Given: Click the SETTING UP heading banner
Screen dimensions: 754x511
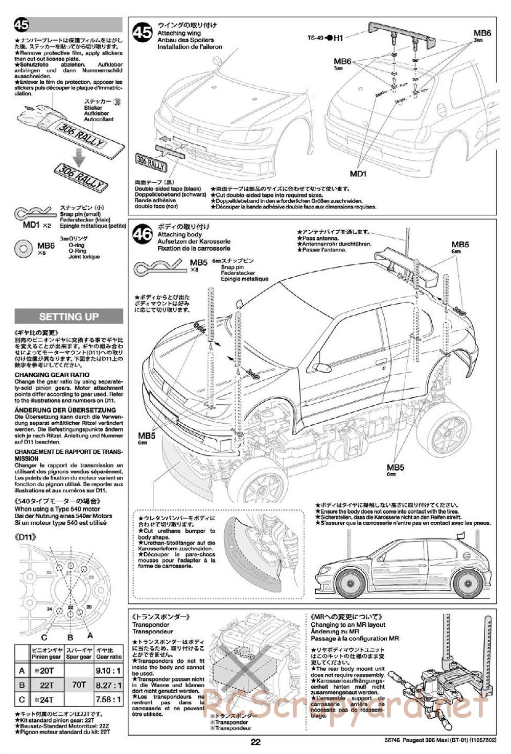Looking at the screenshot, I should click(68, 317).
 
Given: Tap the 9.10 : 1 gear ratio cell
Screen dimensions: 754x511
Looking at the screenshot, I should click(108, 670).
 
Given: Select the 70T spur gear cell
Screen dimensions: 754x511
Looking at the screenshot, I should click(79, 685).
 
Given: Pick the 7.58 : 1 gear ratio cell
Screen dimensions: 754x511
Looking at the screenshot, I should click(108, 699).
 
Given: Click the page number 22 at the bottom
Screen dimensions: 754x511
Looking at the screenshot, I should click(255, 742).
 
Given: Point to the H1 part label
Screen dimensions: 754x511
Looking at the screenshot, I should click(339, 37).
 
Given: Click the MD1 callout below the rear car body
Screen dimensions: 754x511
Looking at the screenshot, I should click(358, 174).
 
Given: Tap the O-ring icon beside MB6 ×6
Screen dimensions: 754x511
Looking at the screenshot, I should click(24, 248).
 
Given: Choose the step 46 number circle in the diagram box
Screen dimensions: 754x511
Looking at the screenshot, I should click(142, 234).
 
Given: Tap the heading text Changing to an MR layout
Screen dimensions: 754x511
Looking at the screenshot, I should click(347, 625).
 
